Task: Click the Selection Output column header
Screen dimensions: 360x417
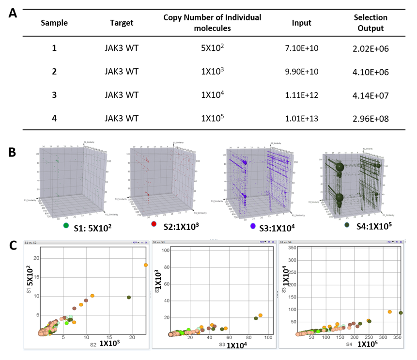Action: coord(370,23)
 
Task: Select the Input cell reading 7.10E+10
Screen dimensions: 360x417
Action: coord(302,48)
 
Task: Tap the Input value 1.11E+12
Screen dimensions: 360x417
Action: coord(302,94)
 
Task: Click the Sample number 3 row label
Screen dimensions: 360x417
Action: coord(54,94)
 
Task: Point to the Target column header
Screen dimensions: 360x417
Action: coord(122,23)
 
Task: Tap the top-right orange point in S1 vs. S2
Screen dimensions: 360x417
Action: coord(146,265)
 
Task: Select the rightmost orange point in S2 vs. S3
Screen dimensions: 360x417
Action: coord(261,315)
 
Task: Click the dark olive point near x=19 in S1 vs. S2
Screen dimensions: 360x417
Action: coord(129,297)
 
